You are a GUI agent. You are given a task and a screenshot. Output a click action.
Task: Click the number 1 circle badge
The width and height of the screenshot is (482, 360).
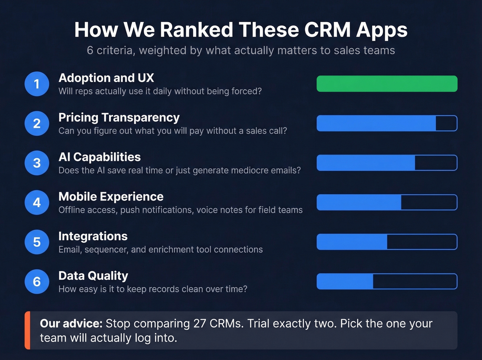tap(37, 84)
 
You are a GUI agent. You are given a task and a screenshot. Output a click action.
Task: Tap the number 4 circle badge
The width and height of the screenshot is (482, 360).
tap(37, 203)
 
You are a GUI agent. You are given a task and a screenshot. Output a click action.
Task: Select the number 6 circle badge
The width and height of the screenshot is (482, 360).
tap(37, 281)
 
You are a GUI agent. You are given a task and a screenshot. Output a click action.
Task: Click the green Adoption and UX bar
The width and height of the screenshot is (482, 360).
tap(387, 84)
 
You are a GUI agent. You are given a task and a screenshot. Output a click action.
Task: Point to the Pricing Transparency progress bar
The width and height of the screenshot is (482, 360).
tap(387, 123)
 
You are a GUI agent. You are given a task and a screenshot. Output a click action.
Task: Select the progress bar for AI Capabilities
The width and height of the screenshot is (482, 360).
tap(387, 163)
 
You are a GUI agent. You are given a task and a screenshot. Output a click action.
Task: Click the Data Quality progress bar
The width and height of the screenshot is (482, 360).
tap(387, 281)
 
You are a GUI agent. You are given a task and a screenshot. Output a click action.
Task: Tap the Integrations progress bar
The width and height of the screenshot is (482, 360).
tap(387, 242)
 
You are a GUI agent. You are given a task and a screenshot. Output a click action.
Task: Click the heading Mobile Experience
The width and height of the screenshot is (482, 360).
tap(111, 196)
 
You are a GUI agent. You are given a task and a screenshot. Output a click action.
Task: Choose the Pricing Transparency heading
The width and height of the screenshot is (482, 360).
tap(119, 117)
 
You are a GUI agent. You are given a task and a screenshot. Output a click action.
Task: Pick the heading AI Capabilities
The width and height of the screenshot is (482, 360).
tap(99, 157)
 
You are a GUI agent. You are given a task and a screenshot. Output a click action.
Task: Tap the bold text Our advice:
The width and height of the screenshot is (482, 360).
tap(71, 323)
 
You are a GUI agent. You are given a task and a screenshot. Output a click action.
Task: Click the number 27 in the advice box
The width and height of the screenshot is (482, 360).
tap(199, 323)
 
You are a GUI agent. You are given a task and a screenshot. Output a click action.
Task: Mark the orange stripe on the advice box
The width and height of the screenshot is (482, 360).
tap(28, 330)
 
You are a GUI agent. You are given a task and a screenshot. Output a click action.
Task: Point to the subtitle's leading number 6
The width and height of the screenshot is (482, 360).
tap(90, 50)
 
